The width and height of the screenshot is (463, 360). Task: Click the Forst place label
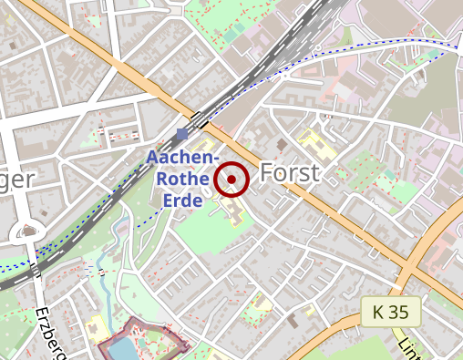coord(290,173)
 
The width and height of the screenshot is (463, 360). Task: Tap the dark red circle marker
coord(232,179)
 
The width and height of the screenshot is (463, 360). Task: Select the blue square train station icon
coord(182,135)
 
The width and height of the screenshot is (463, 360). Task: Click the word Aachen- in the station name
coord(182,159)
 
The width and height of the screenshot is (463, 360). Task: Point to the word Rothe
coord(183,179)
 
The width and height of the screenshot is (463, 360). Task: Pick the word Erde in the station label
coord(183,199)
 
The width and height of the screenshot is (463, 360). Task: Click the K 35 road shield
coord(390,312)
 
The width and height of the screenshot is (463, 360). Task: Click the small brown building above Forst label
coord(282,144)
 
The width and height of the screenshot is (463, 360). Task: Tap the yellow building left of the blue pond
coord(94,325)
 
